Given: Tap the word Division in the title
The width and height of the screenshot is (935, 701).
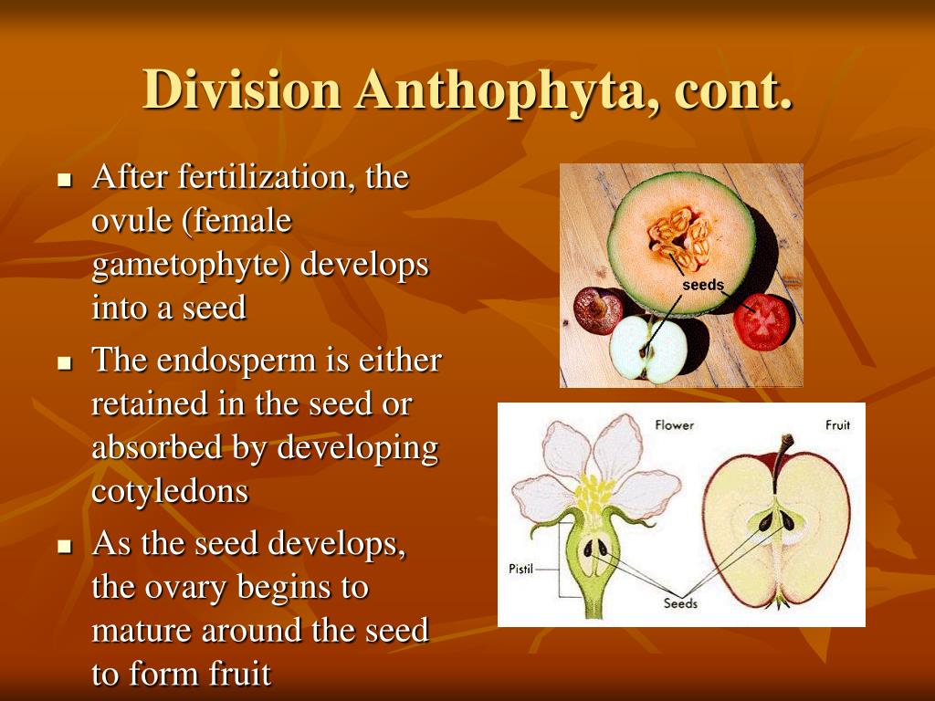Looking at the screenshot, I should click(242, 90).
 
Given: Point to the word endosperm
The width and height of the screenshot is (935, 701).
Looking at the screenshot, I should click(234, 361).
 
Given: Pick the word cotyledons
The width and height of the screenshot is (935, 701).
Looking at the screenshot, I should click(170, 492).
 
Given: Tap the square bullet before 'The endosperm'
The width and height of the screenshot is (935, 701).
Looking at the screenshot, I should click(64, 362).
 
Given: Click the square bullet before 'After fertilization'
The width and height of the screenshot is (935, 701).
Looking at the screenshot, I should click(64, 179).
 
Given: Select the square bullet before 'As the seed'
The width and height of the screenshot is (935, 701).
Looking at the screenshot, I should click(64, 547).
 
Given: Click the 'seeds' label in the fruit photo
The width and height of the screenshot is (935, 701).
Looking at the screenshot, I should click(703, 285).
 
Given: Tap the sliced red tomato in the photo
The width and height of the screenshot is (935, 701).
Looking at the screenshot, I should click(763, 321).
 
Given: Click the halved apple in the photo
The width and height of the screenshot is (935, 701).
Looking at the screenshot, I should click(647, 349).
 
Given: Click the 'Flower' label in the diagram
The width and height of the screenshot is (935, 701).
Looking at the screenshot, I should click(675, 425).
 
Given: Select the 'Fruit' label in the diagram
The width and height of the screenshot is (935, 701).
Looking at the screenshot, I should click(837, 425).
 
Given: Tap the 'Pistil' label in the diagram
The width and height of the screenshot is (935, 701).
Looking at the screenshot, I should click(521, 570).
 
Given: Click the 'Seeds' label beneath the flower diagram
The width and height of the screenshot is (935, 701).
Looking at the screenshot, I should click(680, 603).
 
